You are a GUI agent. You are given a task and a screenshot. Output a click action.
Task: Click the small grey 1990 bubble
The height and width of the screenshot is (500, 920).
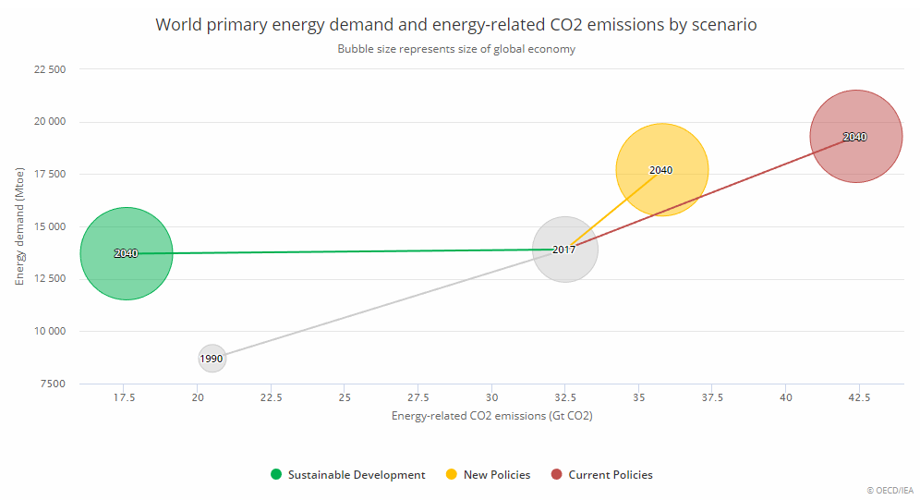click(212, 359)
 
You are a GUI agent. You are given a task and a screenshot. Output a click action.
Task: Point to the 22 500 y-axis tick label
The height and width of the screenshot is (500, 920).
click(48, 69)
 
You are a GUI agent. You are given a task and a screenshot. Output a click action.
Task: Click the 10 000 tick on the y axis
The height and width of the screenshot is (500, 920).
click(48, 331)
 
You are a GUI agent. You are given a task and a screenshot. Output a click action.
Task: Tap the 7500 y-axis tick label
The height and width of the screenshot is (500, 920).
click(52, 384)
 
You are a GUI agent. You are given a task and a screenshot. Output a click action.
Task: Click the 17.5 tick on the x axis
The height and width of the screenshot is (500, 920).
click(124, 397)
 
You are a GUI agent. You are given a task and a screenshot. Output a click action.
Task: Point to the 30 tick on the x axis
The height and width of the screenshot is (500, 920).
click(491, 397)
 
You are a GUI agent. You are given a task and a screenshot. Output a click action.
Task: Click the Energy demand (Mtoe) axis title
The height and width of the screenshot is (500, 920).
click(20, 226)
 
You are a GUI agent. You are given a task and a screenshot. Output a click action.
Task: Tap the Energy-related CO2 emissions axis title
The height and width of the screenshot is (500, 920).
click(491, 417)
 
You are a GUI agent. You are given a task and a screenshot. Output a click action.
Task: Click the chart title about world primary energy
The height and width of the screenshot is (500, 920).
click(456, 25)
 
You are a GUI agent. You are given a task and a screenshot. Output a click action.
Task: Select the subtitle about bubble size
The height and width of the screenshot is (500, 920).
click(456, 49)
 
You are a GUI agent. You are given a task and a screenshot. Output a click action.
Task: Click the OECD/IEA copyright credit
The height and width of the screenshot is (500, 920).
click(889, 491)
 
